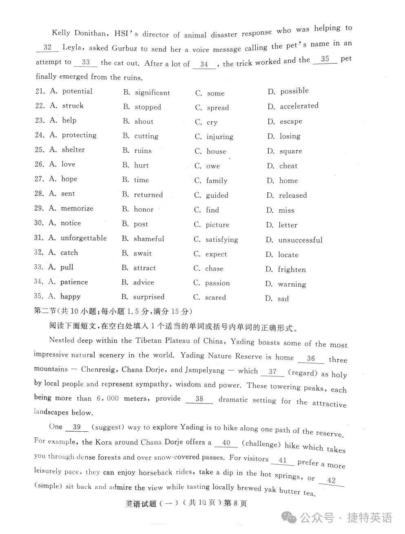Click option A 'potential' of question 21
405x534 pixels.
point(77,91)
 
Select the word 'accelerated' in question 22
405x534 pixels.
point(299,106)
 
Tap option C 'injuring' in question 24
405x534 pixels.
point(220,137)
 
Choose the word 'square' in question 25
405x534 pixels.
point(291,151)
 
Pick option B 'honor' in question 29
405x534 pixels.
point(144,210)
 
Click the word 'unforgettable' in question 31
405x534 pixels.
point(84,238)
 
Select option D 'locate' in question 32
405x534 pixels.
point(288,255)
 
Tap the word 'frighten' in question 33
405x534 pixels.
point(292,269)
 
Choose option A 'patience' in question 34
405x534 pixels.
point(74,282)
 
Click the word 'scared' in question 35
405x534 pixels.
point(215,298)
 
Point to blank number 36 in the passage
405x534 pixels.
point(311,359)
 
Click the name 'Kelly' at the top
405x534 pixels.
point(61,33)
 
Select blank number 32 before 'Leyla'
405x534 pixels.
point(48,47)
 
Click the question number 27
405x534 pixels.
point(39,179)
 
